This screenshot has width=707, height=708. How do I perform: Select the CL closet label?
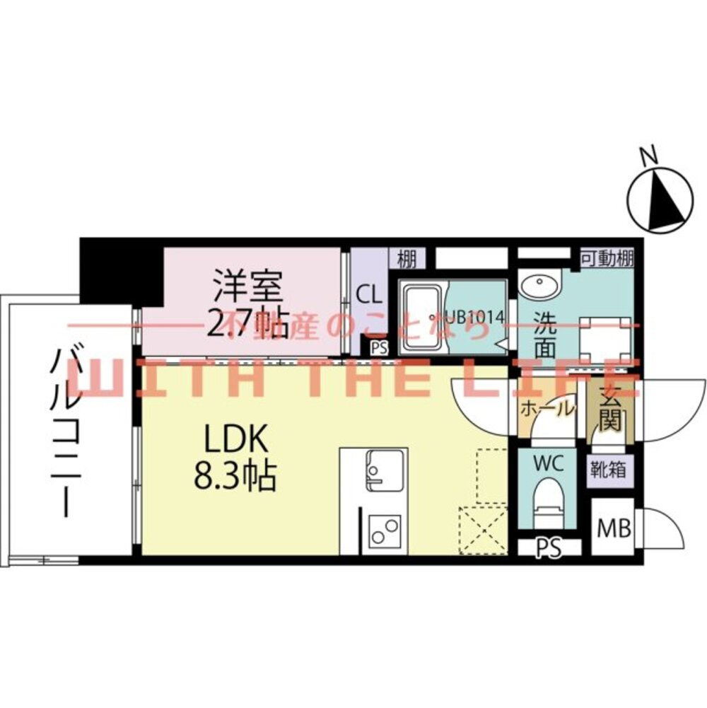pyautogui.click(x=369, y=296)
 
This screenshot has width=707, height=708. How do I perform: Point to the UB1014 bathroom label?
pyautogui.click(x=475, y=317)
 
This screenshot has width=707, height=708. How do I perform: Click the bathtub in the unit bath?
pyautogui.click(x=422, y=318)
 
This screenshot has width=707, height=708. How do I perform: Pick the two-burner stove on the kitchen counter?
pyautogui.click(x=385, y=532)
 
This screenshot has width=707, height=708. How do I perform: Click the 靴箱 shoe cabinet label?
pyautogui.click(x=609, y=470)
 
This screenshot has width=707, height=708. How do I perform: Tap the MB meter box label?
pyautogui.click(x=614, y=528)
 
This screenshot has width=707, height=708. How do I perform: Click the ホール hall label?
pyautogui.click(x=548, y=409)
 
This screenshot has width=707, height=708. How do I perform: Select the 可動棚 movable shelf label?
pyautogui.click(x=607, y=259)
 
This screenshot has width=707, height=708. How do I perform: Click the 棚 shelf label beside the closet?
pyautogui.click(x=407, y=259)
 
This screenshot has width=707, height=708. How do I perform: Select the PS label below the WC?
pyautogui.click(x=549, y=547)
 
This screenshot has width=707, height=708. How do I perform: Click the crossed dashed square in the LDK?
pyautogui.click(x=483, y=530)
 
